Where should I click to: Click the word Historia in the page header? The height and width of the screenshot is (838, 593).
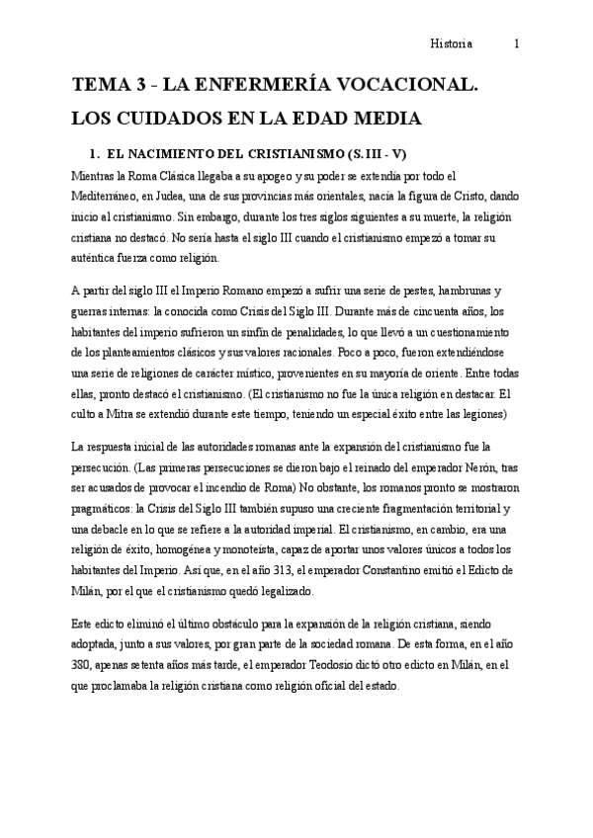pyautogui.click(x=453, y=43)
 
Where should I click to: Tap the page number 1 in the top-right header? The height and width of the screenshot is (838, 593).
pyautogui.click(x=517, y=43)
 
